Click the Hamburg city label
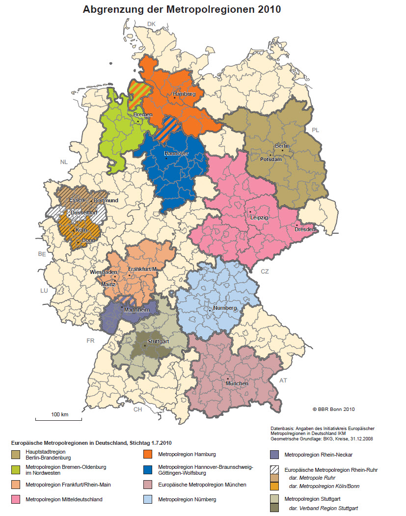pos(185,94)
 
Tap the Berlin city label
pos(282,146)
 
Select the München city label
pos(237,383)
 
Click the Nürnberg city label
pos(225,308)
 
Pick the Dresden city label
pos(305,229)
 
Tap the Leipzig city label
pos(258,217)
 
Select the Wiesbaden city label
pos(104,272)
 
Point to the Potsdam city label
pos(271,160)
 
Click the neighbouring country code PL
pos(315,130)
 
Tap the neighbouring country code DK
pos(151,24)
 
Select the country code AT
pos(282,380)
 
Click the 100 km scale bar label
pos(59,415)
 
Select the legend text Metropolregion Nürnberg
pos(186,500)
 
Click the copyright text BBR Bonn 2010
pos(333,409)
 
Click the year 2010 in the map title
pos(264,9)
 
